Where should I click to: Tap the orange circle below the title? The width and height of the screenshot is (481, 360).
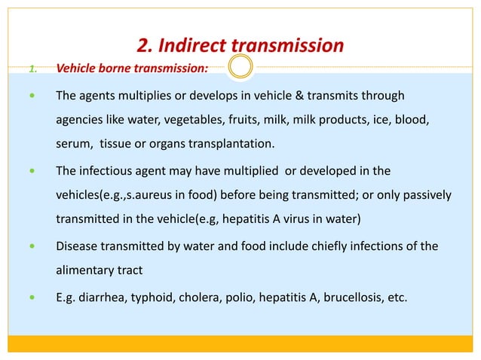click(x=240, y=67)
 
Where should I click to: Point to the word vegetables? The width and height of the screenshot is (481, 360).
click(x=205, y=120)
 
